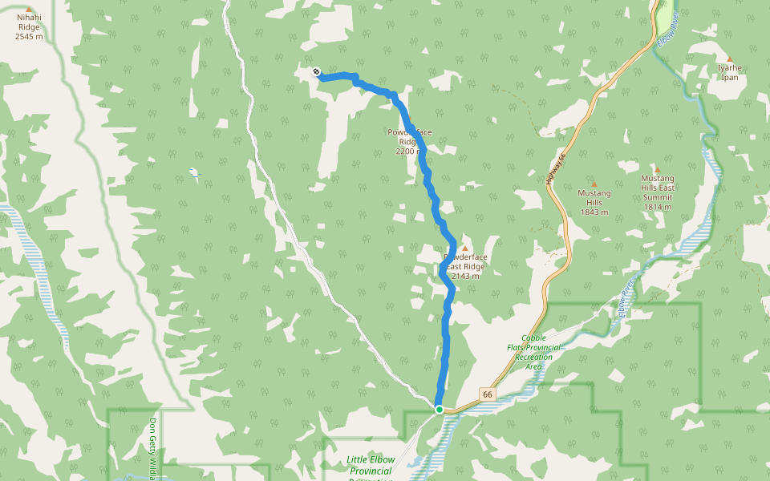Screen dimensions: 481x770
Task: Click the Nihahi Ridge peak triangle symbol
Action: click(x=30, y=10)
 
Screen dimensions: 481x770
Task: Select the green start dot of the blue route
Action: click(x=440, y=410)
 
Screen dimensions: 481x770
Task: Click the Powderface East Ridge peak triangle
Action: click(x=464, y=249)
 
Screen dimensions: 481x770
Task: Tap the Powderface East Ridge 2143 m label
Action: click(x=465, y=266)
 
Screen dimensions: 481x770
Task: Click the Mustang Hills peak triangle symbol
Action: click(x=594, y=184)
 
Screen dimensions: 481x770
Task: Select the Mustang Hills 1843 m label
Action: click(x=594, y=202)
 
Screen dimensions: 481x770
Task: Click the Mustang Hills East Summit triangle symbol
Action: click(x=657, y=169)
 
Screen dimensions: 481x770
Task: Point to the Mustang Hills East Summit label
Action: click(x=657, y=192)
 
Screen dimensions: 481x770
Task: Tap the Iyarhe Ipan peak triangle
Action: click(x=729, y=59)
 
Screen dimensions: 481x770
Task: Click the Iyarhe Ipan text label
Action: click(x=730, y=72)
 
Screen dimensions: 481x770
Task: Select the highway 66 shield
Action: click(x=487, y=394)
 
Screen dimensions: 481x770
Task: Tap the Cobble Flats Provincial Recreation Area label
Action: click(x=533, y=352)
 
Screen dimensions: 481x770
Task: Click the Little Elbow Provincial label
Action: click(x=371, y=465)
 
